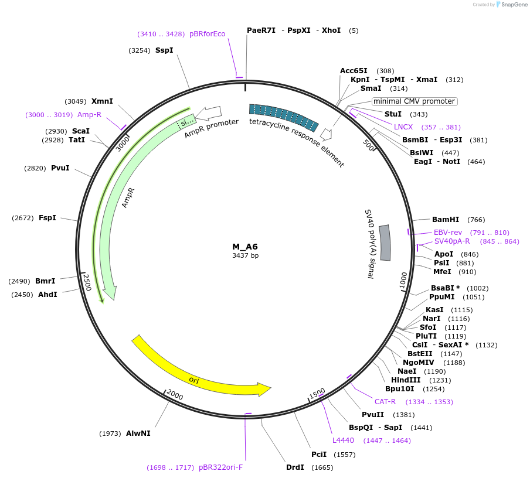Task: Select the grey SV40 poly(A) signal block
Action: tap(385, 242)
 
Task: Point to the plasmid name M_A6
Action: tap(245, 247)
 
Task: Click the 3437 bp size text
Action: tap(245, 255)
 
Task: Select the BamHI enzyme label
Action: tap(446, 220)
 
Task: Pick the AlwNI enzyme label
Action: tap(138, 433)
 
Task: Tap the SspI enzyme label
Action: tap(164, 50)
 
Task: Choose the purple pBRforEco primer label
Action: tap(207, 34)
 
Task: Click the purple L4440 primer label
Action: tap(343, 440)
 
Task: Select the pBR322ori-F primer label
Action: tap(220, 467)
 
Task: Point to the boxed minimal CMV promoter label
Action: tap(415, 101)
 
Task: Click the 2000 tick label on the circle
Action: tap(175, 395)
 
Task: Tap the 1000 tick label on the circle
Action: tap(403, 280)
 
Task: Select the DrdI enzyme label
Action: tap(295, 467)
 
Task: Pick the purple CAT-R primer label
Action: tap(385, 401)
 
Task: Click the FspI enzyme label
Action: tap(47, 218)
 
